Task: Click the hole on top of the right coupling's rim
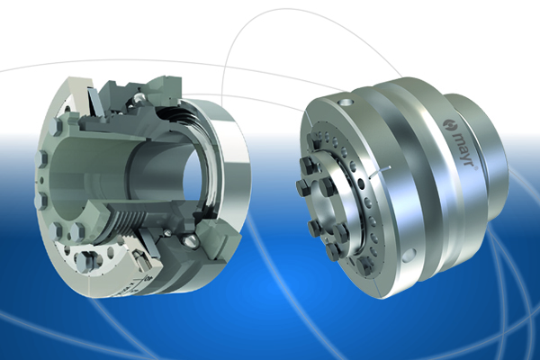tap(346, 103)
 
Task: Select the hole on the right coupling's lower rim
tap(409, 256)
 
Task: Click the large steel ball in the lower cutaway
tap(191, 239)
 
